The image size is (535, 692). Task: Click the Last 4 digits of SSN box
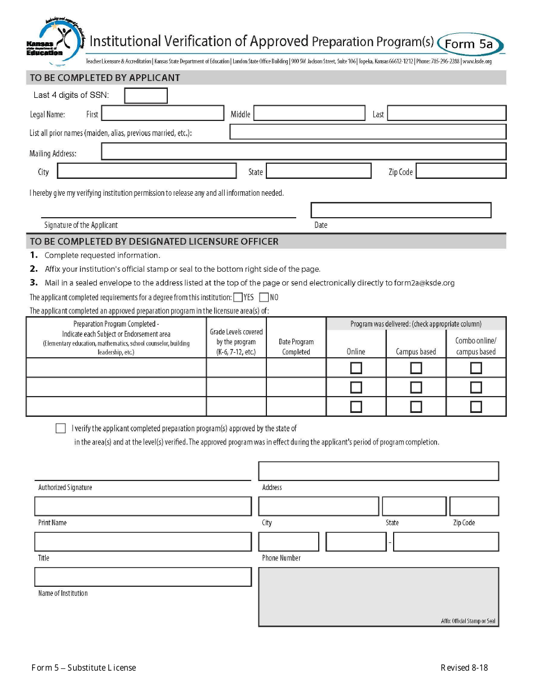pos(146,96)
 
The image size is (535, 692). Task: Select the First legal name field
pos(162,113)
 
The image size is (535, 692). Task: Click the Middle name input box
pos(309,114)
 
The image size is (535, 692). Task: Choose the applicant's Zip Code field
pos(461,171)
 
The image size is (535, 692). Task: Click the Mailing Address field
pos(304,151)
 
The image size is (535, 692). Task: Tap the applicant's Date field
pos(400,210)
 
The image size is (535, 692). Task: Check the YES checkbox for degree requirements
pos(238,297)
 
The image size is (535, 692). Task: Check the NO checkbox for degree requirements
pos(264,297)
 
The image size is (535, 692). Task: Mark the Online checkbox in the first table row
pos(356,368)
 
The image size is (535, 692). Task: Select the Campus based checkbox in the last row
pos(416,406)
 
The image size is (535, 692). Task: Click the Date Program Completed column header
pos(296,347)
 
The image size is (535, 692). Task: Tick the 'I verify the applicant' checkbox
pos(61,429)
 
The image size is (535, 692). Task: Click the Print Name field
pos(143,506)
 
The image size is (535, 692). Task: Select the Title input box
pos(143,541)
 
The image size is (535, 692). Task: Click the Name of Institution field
pos(143,577)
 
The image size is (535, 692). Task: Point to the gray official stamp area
pos(378,596)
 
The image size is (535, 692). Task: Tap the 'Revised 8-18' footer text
pos(464,668)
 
